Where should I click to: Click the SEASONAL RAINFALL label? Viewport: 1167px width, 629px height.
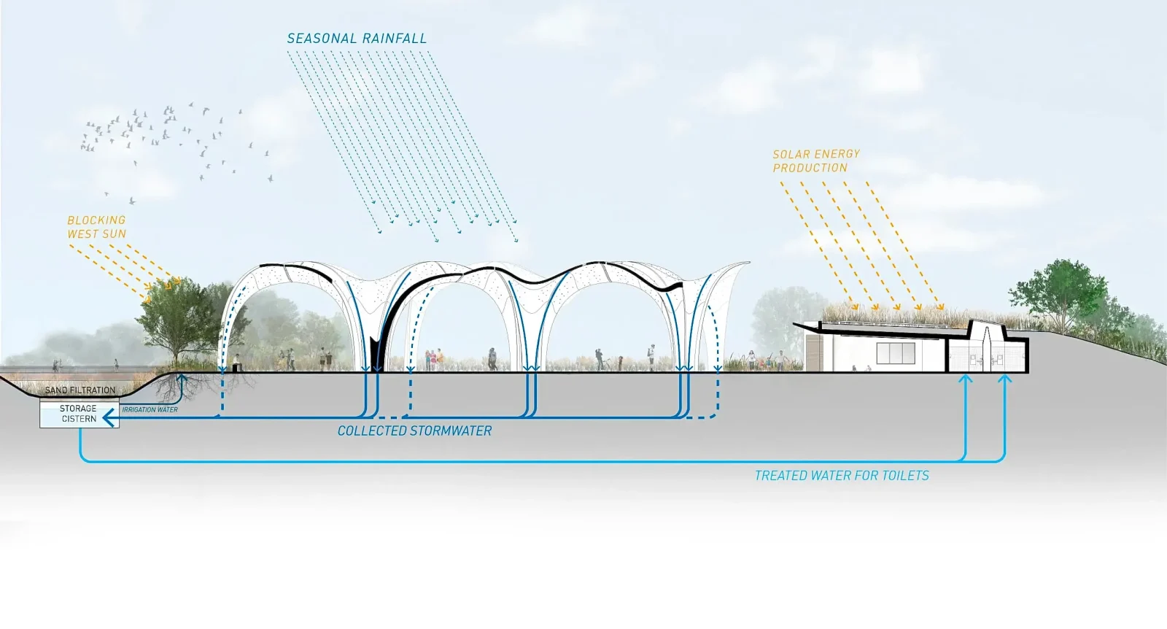click(x=357, y=39)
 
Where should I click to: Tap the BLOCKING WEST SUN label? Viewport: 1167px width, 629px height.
click(x=97, y=227)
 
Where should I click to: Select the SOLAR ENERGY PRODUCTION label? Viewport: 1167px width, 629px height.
click(x=816, y=161)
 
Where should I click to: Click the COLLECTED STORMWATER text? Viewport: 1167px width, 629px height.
click(x=415, y=431)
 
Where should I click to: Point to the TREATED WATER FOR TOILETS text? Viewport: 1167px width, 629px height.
click(x=842, y=476)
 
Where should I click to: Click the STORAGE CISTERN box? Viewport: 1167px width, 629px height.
click(x=80, y=414)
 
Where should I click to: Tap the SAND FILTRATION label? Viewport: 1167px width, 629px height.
click(x=80, y=390)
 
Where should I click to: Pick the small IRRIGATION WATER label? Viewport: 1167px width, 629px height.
click(x=150, y=409)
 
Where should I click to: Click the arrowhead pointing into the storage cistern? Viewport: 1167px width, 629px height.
click(x=109, y=418)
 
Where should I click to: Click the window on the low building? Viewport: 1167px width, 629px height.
click(x=896, y=353)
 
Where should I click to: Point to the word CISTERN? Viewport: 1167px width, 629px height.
click(x=80, y=419)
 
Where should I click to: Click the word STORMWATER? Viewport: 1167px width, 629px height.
click(x=451, y=431)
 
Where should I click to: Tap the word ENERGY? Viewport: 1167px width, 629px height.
click(x=838, y=154)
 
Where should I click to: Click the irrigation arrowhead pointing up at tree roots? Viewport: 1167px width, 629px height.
click(x=182, y=379)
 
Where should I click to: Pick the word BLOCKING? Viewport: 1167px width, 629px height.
click(x=97, y=220)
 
